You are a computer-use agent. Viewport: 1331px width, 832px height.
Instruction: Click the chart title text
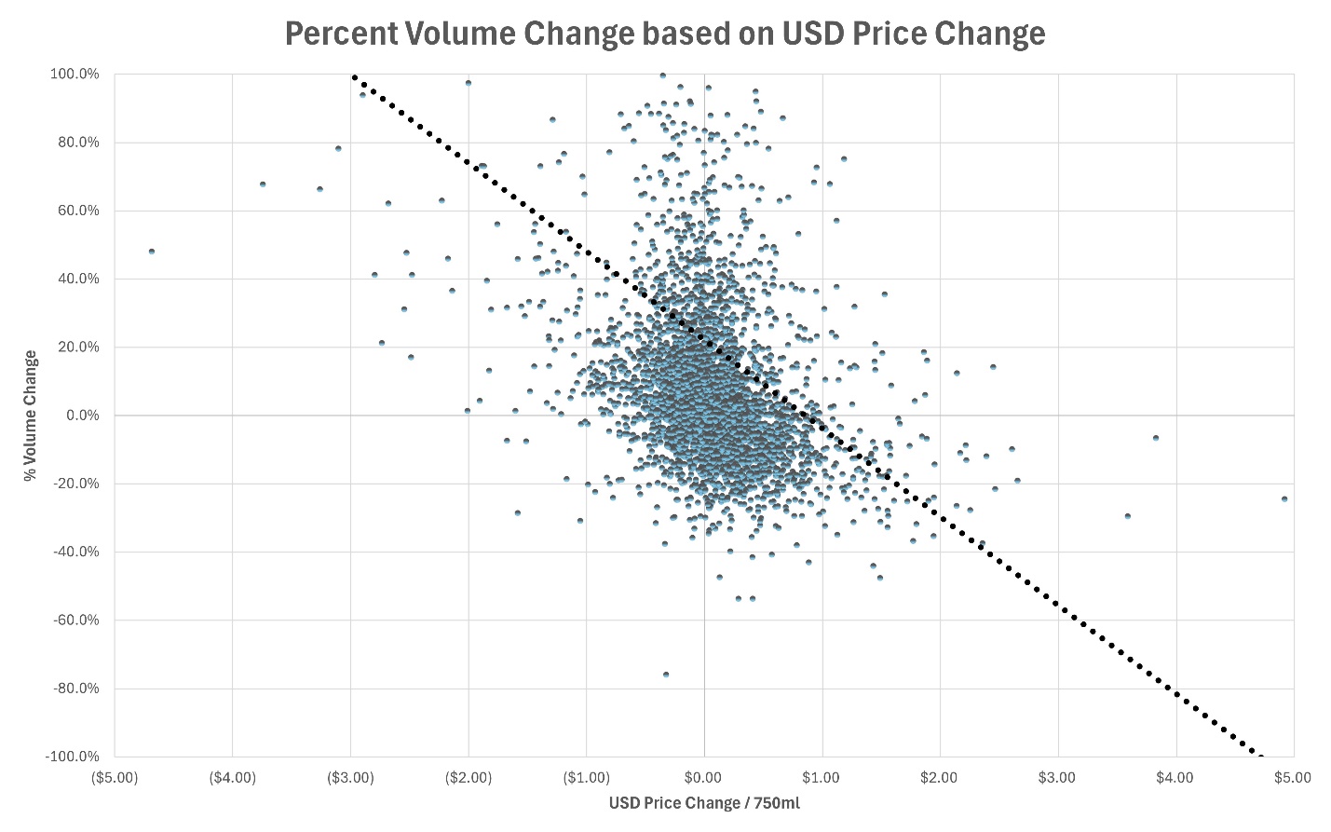point(664,34)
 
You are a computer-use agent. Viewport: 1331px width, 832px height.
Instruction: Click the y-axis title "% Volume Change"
point(31,416)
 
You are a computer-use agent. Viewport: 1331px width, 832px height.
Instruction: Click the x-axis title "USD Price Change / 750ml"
point(704,803)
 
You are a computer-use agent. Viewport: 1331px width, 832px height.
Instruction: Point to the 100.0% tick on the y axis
point(75,75)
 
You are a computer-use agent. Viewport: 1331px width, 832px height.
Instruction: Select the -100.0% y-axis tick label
point(73,757)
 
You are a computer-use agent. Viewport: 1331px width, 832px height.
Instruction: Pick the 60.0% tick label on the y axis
point(77,211)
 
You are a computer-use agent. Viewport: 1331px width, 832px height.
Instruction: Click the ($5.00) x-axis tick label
point(115,778)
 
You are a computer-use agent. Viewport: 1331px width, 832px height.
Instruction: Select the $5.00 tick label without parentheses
point(1293,778)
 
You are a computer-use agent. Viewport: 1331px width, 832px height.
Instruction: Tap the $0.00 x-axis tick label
point(704,778)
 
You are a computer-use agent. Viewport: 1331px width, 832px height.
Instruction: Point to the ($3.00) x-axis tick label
point(350,778)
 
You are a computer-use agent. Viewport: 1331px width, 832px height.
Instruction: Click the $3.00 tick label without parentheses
point(1057,778)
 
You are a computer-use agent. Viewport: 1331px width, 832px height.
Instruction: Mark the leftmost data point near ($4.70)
point(152,252)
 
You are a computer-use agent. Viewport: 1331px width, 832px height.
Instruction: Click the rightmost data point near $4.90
point(1284,499)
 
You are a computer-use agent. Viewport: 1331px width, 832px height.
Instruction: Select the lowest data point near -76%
point(666,675)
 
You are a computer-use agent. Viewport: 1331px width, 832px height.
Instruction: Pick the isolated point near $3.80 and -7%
point(1156,438)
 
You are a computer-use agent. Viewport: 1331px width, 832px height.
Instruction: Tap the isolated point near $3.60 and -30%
point(1128,516)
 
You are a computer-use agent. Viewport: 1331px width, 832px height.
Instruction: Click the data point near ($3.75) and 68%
point(263,184)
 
